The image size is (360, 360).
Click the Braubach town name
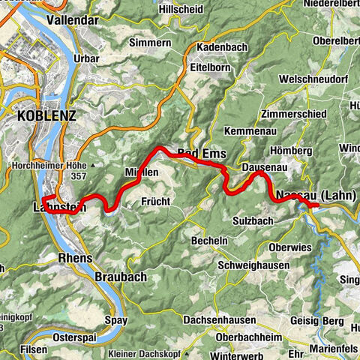(121, 277)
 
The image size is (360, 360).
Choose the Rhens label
(74, 258)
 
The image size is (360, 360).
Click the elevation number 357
(78, 177)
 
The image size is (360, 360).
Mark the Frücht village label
(157, 201)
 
